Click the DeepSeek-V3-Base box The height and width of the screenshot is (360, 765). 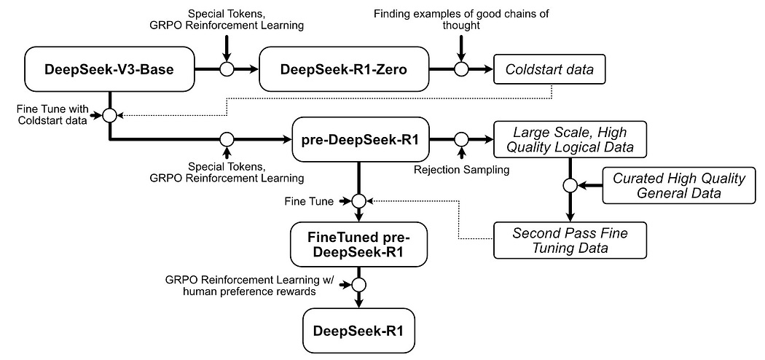click(109, 70)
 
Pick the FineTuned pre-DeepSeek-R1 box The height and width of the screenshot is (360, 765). click(358, 244)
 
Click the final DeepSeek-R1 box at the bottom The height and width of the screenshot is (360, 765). click(358, 330)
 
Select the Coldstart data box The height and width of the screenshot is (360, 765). click(550, 70)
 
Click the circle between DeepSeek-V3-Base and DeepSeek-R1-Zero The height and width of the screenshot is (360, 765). click(227, 70)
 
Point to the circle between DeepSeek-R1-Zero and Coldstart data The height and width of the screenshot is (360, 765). click(460, 70)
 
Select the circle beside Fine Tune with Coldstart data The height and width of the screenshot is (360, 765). click(109, 114)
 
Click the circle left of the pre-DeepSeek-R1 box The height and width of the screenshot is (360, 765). click(227, 138)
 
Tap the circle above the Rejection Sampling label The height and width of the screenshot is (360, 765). click(460, 138)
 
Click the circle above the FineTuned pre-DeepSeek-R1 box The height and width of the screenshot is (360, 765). click(358, 200)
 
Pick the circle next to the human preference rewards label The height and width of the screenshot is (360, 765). click(358, 284)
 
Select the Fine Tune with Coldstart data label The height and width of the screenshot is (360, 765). click(51, 114)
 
